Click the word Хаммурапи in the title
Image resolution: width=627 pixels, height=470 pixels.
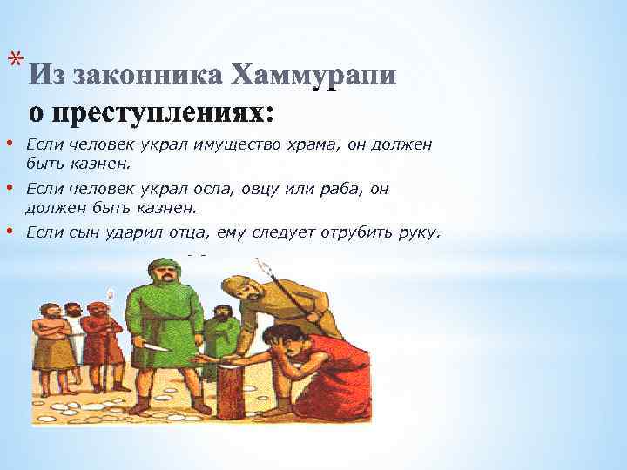[314, 77]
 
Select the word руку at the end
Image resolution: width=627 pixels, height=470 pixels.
[419, 232]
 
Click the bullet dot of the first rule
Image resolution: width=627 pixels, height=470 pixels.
[8, 143]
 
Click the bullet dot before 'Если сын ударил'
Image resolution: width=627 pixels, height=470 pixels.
[8, 232]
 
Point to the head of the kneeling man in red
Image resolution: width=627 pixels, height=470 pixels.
[280, 337]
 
